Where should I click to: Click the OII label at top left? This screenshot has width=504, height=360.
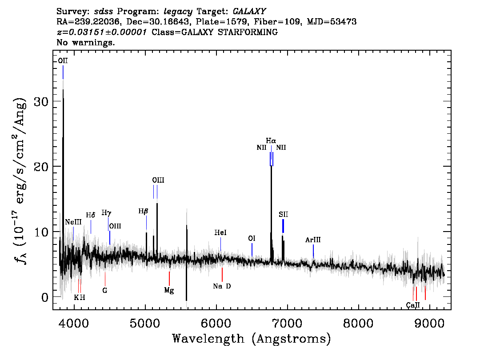(63, 61)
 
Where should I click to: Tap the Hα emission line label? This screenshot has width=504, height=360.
(271, 141)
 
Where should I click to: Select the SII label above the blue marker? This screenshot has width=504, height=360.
(284, 214)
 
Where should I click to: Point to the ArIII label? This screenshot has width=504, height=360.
(313, 240)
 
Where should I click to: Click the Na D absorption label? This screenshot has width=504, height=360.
(222, 286)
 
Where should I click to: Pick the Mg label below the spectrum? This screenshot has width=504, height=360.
(169, 290)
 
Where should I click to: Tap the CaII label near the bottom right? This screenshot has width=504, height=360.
(413, 305)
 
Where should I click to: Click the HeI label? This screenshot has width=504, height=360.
(220, 232)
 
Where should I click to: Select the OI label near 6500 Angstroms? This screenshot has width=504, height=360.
(252, 239)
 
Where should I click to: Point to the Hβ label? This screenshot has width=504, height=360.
(144, 211)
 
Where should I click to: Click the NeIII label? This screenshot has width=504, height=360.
(73, 222)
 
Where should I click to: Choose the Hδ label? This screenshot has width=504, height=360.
(91, 215)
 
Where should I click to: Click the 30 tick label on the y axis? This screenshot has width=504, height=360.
(41, 102)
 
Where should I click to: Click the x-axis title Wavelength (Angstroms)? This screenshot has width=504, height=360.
(252, 339)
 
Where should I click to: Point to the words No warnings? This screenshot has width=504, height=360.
(85, 42)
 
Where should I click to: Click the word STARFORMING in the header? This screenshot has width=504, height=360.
(248, 32)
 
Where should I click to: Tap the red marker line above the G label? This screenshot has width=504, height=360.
(105, 279)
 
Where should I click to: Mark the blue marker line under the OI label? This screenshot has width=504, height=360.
(252, 250)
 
